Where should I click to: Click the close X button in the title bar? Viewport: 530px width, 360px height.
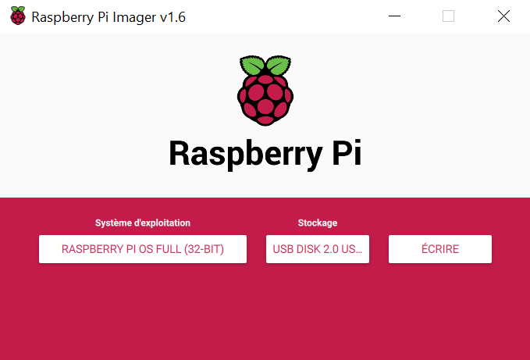point(503,16)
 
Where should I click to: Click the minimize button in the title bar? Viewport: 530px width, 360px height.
point(394,16)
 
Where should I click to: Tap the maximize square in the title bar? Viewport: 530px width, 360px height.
point(449,16)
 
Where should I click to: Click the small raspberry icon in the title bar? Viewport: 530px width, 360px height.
point(18,16)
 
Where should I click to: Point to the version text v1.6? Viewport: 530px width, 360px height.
point(173,17)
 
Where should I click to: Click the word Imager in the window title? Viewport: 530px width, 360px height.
point(134,18)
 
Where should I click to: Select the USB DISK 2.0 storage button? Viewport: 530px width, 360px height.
point(318,249)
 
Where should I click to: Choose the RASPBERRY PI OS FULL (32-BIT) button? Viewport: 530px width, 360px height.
point(143,249)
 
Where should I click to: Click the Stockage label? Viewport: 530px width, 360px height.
point(318,223)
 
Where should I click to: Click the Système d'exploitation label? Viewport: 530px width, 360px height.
point(143,223)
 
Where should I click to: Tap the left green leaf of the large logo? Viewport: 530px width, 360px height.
point(252,66)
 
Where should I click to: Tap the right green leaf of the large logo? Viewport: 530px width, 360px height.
point(279,66)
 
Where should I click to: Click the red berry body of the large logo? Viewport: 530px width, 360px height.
point(265,100)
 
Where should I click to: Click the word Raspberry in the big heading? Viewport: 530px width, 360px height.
point(246,154)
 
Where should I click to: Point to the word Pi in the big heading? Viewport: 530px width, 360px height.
point(347,152)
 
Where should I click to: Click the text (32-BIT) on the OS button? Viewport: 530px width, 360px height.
point(204,249)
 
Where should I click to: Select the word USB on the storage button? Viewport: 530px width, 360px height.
point(283,249)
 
